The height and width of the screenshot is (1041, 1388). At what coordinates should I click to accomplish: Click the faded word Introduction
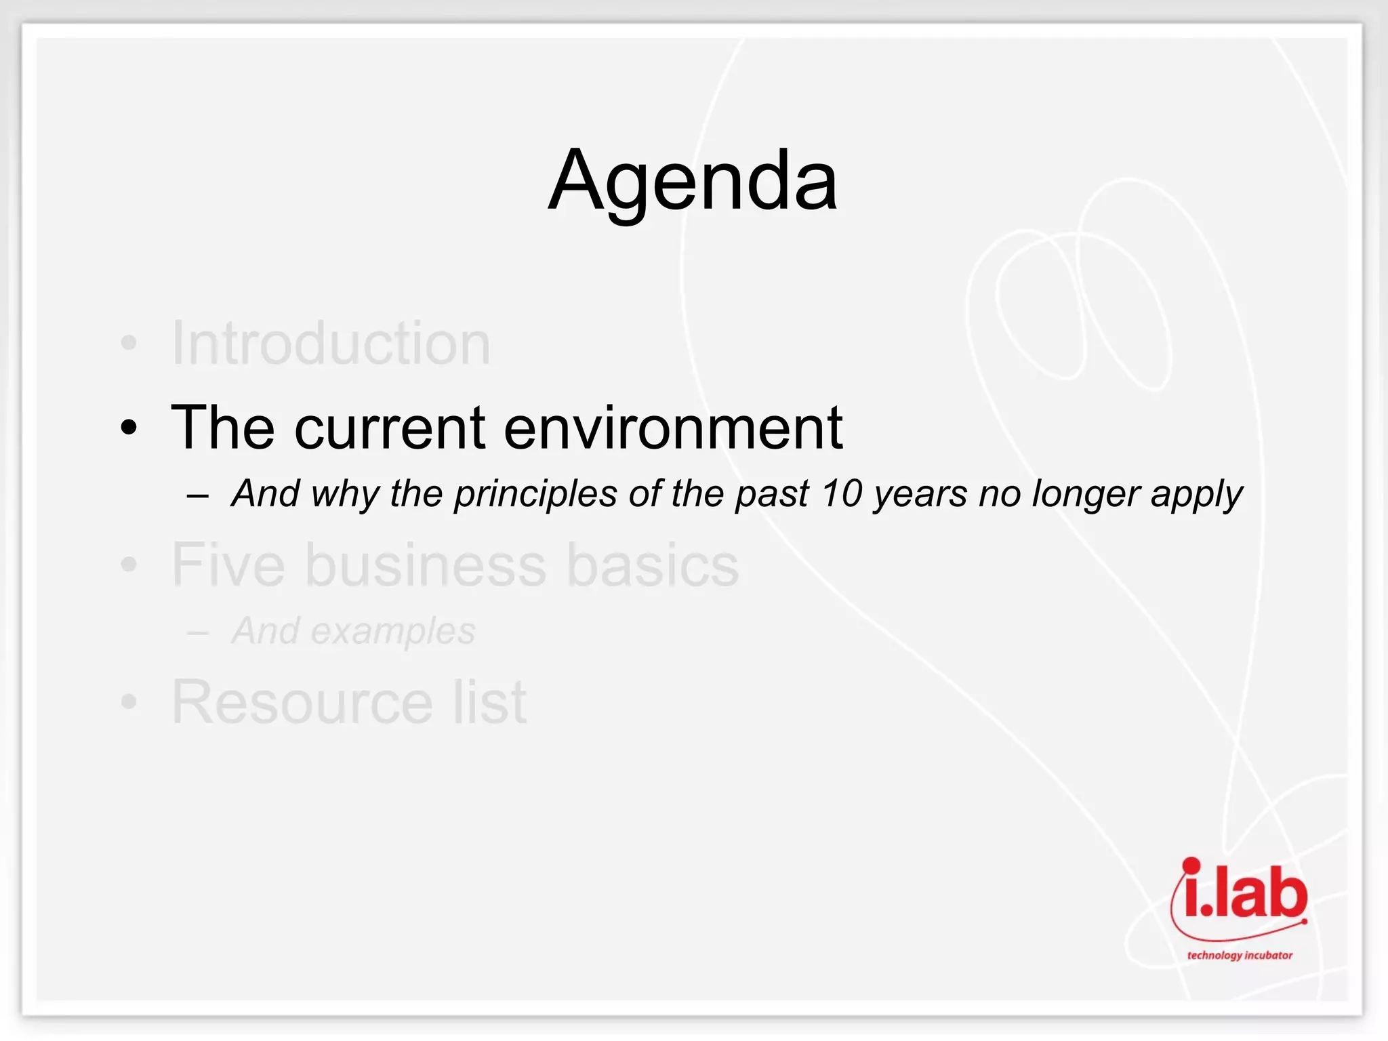coord(331,344)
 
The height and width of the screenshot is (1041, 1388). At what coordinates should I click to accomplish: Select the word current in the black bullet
coord(390,428)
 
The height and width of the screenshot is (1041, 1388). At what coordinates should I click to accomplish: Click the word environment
coord(673,428)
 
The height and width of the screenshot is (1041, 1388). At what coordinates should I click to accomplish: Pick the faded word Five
coord(228,565)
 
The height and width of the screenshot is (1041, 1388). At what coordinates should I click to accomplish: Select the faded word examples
coord(393,632)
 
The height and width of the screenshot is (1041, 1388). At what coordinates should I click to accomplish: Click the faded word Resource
coord(302,703)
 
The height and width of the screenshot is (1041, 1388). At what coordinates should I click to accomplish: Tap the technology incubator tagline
coord(1240,956)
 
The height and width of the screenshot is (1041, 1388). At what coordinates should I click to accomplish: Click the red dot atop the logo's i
coord(1191,865)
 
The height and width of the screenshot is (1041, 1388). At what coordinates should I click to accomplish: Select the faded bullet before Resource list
coord(129,703)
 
